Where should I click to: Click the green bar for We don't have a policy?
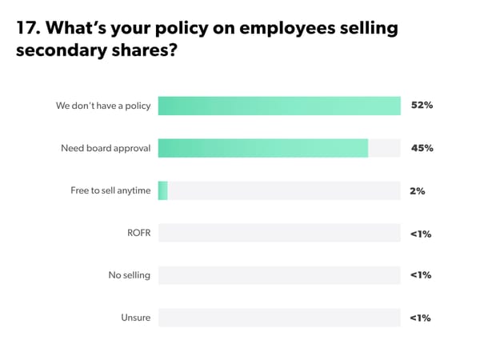[x=278, y=106]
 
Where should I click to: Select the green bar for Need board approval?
[x=262, y=148]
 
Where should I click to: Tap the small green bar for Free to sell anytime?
[x=162, y=190]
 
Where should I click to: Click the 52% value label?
[x=422, y=106]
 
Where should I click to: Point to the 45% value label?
[x=422, y=148]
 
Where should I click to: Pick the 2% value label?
[x=417, y=190]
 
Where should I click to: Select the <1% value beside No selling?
[x=421, y=275]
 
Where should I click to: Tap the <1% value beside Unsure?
[x=421, y=318]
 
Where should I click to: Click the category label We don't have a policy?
[x=103, y=106]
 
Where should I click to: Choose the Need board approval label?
[x=106, y=148]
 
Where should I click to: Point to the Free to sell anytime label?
[x=110, y=190]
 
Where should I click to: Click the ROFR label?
[x=139, y=233]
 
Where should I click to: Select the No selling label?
[x=130, y=275]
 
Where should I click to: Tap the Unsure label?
[x=136, y=318]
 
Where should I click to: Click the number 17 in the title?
[x=26, y=30]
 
